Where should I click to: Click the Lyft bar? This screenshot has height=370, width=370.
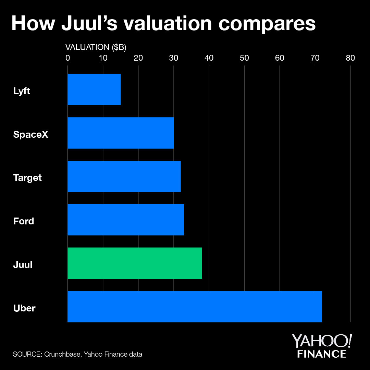(x=94, y=89)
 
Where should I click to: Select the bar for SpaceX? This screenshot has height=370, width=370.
(x=121, y=133)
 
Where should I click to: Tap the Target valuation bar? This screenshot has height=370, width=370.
(x=124, y=176)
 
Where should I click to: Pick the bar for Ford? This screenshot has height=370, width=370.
(x=126, y=220)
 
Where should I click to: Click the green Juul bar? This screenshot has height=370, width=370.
(x=135, y=263)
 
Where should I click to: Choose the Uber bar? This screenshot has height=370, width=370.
(x=195, y=307)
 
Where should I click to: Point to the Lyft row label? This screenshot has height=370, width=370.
(x=22, y=91)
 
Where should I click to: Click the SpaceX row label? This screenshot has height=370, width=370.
(x=31, y=134)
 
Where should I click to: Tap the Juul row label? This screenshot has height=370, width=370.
(x=23, y=264)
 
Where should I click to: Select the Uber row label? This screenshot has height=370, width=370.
(x=24, y=308)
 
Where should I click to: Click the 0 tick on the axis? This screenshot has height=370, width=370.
(x=67, y=58)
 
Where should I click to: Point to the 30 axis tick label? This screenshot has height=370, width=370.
(x=174, y=58)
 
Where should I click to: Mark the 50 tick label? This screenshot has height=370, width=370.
(x=244, y=58)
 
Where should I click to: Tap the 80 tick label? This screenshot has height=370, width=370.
(x=350, y=58)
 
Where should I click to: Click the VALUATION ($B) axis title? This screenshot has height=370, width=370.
(x=96, y=48)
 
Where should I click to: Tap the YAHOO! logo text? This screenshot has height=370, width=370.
(x=321, y=341)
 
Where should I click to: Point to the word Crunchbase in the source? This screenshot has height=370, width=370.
(x=63, y=354)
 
